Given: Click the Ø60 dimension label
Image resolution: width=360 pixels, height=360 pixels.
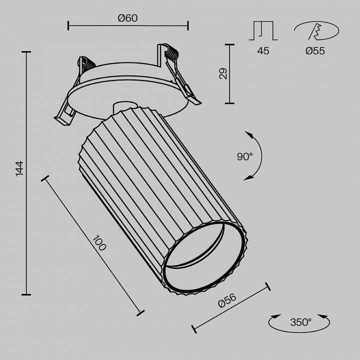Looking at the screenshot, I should (x=128, y=18).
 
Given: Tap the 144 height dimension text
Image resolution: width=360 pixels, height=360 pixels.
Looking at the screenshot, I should (x=19, y=168).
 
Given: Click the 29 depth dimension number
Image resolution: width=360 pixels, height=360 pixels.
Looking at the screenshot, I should (x=223, y=73).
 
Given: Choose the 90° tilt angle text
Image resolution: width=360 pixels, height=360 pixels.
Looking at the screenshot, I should (x=245, y=156).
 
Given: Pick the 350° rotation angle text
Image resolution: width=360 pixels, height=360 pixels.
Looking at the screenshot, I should (x=300, y=322).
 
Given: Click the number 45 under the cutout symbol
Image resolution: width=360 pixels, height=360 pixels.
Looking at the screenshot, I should (x=263, y=50).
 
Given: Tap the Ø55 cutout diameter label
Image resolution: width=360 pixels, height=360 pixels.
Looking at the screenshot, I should (x=315, y=50).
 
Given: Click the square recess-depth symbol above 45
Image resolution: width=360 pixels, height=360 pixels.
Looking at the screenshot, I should (x=263, y=30).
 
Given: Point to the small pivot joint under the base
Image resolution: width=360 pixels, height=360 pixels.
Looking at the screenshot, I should (x=122, y=107).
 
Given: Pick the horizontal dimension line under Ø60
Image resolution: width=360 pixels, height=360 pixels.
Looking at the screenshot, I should (x=128, y=24).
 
